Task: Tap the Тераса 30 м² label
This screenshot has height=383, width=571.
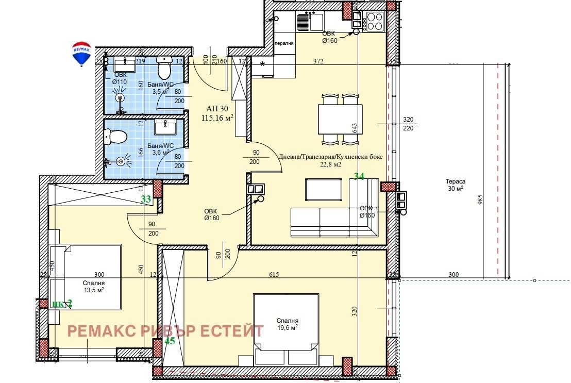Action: tap(455, 185)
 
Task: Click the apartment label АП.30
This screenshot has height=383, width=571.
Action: tap(217, 109)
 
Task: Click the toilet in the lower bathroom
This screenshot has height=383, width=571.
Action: tap(116, 137)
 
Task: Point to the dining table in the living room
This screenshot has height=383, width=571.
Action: tap(340, 119)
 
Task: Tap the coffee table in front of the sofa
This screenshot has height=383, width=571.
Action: tap(324, 189)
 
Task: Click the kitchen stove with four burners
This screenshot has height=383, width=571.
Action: tap(374, 22)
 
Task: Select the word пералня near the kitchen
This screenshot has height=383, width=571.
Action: tap(284, 43)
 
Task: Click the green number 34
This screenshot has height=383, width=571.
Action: tap(359, 176)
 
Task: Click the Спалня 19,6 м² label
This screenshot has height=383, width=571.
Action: tap(287, 324)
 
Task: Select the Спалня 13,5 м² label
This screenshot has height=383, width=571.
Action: tap(94, 286)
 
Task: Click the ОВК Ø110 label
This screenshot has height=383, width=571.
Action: tap(120, 78)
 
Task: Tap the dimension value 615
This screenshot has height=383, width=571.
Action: tap(274, 275)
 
